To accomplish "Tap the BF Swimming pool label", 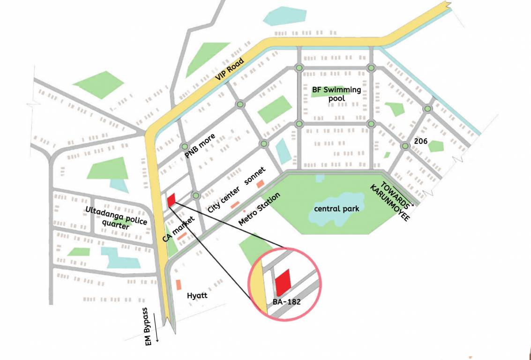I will click(337, 94).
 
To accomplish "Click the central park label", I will click(337, 208).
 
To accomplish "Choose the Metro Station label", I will click(259, 209).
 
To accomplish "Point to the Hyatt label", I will click(197, 296).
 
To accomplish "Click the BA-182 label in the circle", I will click(286, 302).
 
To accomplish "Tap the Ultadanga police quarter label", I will click(116, 217).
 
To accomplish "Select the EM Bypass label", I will click(149, 326).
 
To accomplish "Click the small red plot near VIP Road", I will click(171, 200).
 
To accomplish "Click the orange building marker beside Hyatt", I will click(178, 285).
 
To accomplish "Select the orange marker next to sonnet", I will click(260, 183).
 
